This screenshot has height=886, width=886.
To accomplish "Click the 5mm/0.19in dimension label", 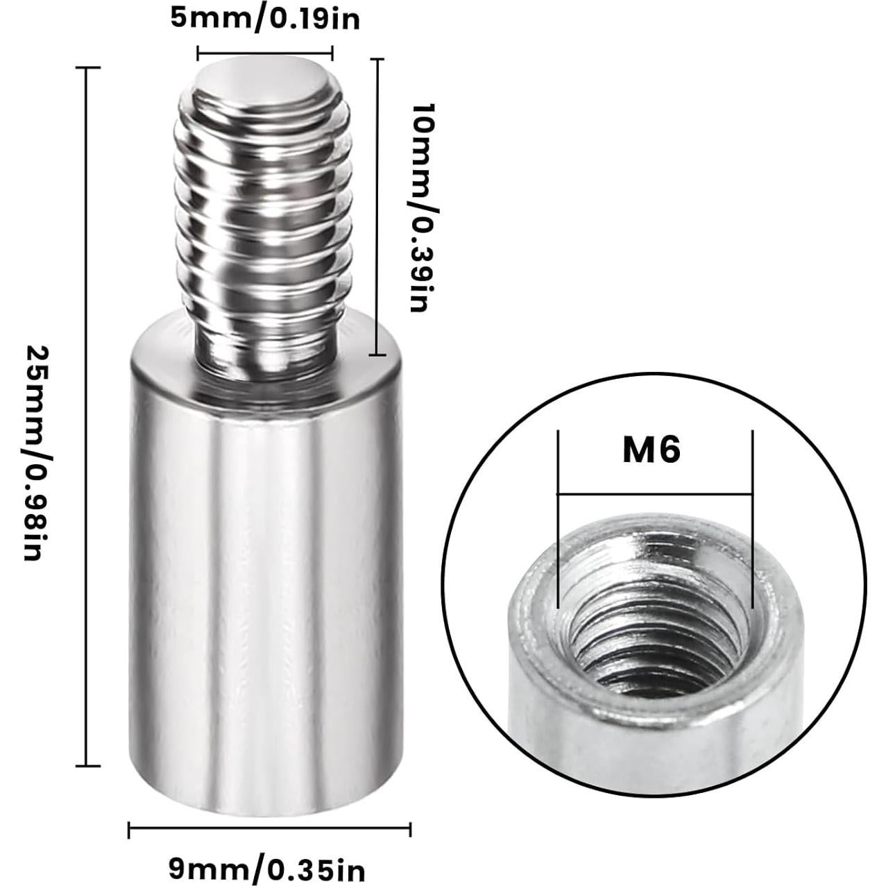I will [266, 19].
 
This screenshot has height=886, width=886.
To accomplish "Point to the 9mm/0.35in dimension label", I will [267, 867].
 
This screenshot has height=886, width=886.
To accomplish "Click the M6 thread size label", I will [651, 451].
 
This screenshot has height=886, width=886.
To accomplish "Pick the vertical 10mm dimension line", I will [378, 208].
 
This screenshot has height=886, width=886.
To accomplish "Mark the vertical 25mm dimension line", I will [86, 416].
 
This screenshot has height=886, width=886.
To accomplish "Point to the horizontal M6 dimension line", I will [655, 494].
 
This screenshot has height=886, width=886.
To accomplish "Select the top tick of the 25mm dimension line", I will [86, 68].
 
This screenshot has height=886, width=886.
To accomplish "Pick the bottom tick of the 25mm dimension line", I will [86, 766].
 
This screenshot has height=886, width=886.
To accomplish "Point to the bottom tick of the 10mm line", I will [378, 355].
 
